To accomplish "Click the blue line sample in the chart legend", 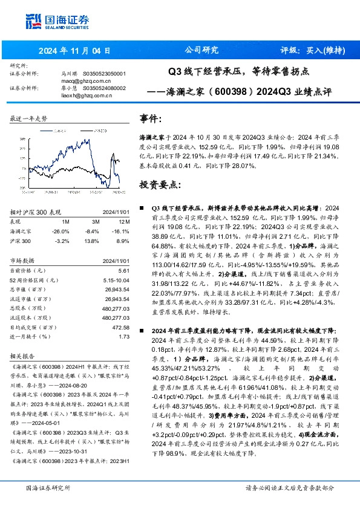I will click(x=45, y=129).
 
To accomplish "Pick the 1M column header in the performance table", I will click(x=67, y=222).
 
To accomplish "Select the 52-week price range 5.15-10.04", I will click(x=112, y=280).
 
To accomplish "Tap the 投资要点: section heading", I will click(x=160, y=183).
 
